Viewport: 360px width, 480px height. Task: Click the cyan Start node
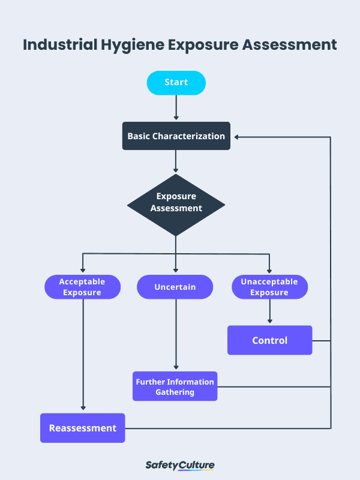coord(176,83)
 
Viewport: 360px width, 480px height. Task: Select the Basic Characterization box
coord(176,136)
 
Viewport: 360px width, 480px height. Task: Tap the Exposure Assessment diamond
coord(176,203)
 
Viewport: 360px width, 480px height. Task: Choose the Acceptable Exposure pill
coord(82,287)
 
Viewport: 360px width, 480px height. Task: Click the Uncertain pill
coord(175,287)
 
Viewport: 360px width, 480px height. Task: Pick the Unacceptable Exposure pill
coord(269,287)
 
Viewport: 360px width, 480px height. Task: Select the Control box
coord(269,340)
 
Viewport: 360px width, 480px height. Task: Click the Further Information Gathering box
coord(175,386)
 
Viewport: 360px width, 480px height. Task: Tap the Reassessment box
coord(83,428)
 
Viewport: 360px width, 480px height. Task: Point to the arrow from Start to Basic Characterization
coord(176,108)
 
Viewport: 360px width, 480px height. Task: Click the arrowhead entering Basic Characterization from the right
coord(238,137)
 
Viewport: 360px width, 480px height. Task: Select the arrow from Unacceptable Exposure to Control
coord(269,312)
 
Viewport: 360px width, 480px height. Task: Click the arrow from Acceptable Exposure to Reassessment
coord(83,354)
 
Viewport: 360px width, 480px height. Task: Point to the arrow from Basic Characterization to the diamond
coord(176,161)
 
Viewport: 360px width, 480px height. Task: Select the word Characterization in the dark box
coord(188,136)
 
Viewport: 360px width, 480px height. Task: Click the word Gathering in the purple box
coord(175,392)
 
